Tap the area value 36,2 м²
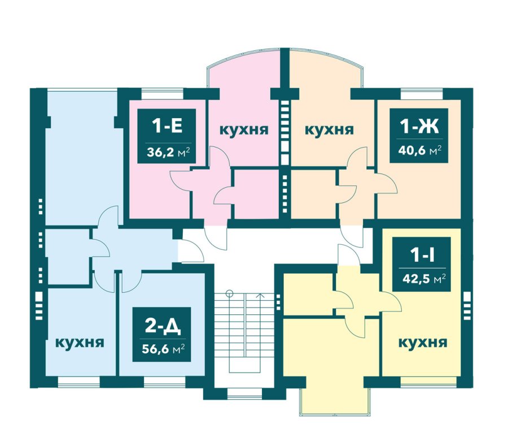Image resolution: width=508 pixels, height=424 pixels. tap(168, 152)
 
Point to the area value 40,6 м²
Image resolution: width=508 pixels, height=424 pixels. tap(419, 150)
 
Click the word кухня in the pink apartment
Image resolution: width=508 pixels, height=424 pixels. tap(244, 129)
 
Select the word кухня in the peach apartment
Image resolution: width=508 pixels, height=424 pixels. tap(329, 129)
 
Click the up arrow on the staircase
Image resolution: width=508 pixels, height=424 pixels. tap(260, 296)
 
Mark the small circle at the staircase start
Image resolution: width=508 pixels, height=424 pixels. tap(229, 293)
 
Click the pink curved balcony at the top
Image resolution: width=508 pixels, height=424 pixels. tap(244, 69)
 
